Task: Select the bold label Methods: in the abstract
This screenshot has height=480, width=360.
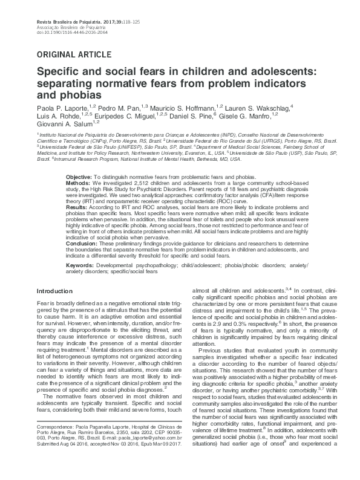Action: [77, 181]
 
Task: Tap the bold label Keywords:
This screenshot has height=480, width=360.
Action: [80, 265]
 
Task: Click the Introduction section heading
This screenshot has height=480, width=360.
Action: [55, 292]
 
